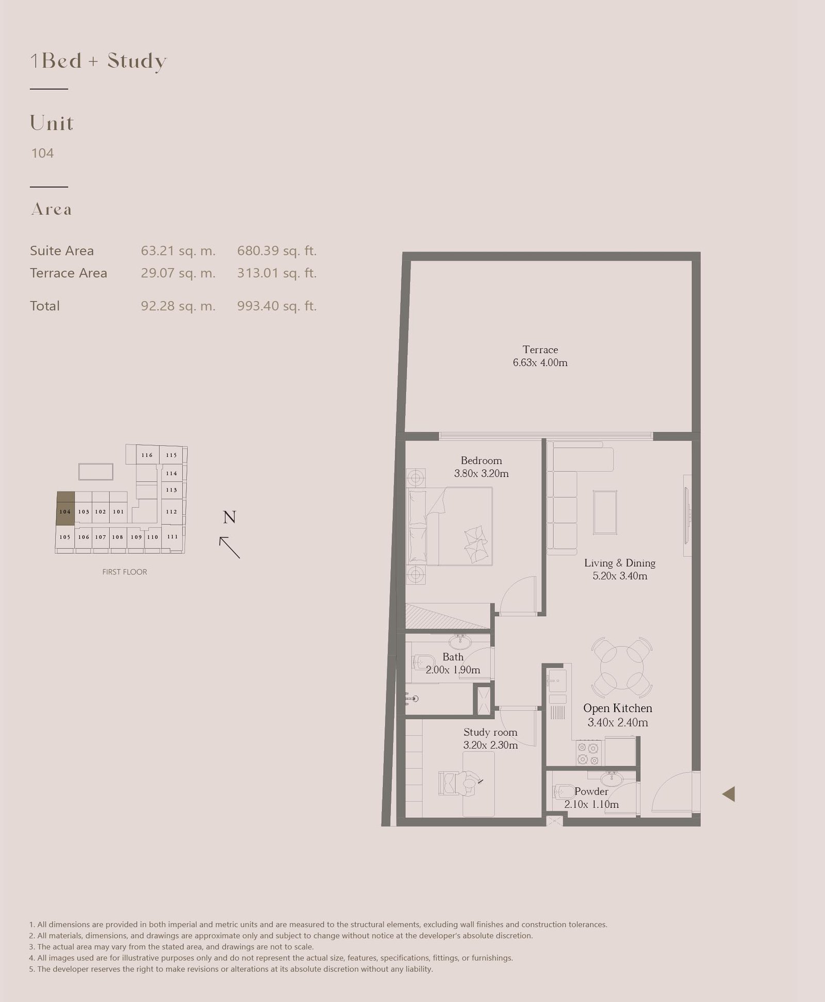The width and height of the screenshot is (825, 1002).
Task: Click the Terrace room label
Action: click(540, 350)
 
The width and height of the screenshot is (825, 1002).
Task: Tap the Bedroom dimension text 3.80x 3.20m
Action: click(481, 473)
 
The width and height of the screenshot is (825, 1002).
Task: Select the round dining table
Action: click(622, 667)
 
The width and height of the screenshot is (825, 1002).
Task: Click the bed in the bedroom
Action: click(451, 527)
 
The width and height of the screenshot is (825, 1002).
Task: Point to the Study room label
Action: click(490, 732)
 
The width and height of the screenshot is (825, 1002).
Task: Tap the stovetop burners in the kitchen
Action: click(588, 753)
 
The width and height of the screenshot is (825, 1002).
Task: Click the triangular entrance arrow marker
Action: click(728, 794)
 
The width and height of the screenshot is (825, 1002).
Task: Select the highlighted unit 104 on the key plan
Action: click(65, 508)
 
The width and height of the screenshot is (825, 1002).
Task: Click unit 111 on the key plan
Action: click(172, 537)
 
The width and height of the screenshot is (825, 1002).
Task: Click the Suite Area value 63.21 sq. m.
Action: click(178, 251)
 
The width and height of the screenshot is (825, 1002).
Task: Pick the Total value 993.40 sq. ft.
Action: click(277, 306)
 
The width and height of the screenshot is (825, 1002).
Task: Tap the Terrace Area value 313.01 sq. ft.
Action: click(277, 273)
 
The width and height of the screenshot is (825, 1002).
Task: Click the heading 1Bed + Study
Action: click(98, 61)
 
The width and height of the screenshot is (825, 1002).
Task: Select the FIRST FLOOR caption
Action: click(125, 572)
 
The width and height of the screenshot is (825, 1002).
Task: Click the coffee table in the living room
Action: click(605, 512)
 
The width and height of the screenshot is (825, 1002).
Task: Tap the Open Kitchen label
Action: click(618, 708)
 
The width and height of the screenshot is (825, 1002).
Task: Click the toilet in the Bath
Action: click(423, 661)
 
